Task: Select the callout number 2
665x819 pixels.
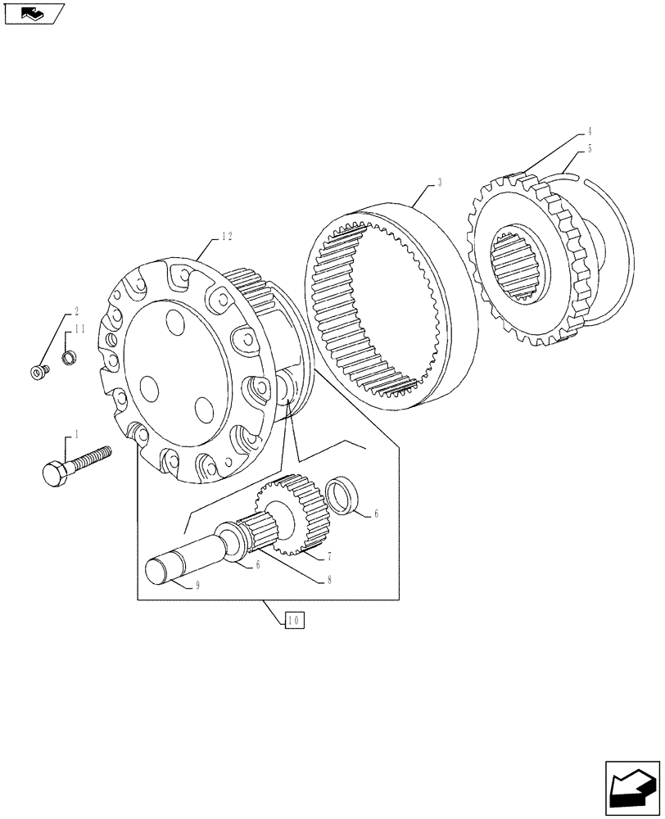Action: click(x=76, y=311)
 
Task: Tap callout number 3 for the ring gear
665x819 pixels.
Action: click(x=440, y=183)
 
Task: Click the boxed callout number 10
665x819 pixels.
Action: click(x=295, y=620)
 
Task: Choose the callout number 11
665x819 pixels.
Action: click(x=79, y=329)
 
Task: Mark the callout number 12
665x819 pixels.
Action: click(x=227, y=236)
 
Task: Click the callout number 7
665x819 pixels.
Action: click(x=328, y=556)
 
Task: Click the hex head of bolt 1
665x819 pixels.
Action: click(x=53, y=473)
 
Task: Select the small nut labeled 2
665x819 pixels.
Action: click(x=38, y=373)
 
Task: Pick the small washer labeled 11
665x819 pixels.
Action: click(x=69, y=358)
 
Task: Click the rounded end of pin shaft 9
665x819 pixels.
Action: click(x=157, y=568)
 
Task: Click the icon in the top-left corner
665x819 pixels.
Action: click(x=32, y=13)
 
